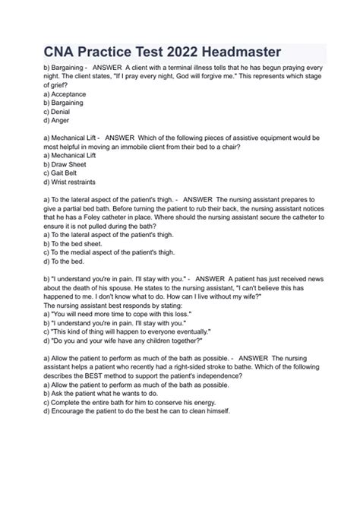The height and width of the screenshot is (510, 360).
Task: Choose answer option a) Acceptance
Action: [x=65, y=94]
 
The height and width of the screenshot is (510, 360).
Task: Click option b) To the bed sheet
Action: [x=73, y=243]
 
